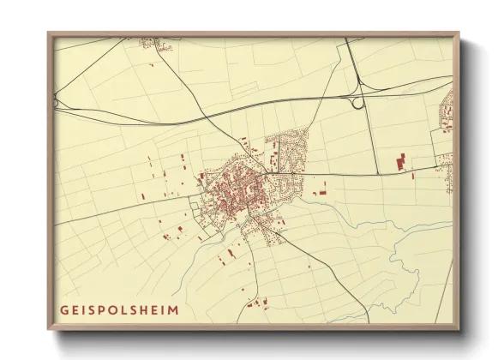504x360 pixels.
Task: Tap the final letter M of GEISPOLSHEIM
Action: click(x=176, y=310)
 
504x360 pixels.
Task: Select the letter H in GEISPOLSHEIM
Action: click(x=143, y=310)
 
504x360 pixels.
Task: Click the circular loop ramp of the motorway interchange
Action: click(x=356, y=102)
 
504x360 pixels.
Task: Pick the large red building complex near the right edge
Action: click(x=399, y=162)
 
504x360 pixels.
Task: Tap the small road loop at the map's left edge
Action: click(x=57, y=102)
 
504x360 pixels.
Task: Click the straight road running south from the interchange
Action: click(x=370, y=137)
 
